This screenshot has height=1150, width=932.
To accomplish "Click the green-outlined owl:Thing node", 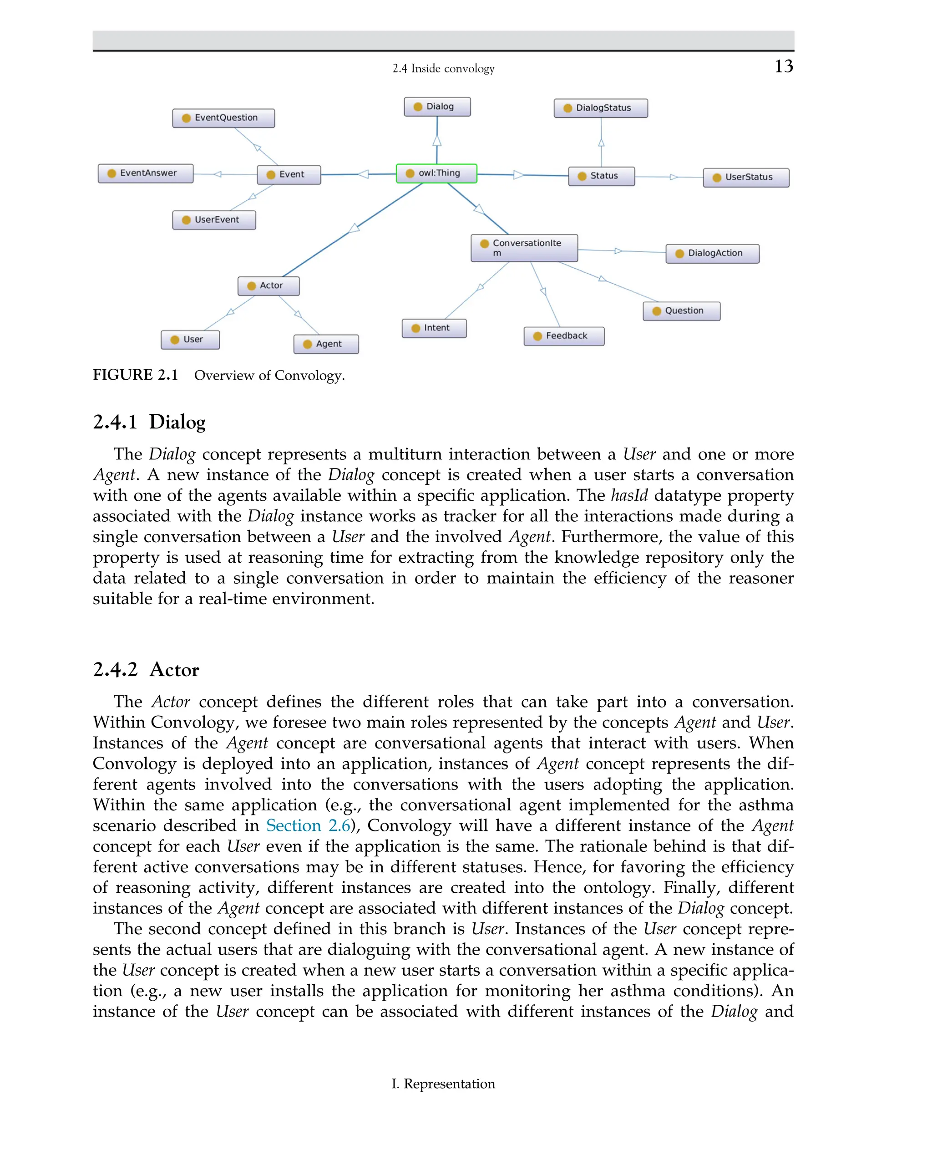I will (436, 173).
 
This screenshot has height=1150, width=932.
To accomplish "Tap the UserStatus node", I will (746, 177).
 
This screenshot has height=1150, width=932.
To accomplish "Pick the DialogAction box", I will (712, 254).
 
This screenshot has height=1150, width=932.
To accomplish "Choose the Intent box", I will (434, 328).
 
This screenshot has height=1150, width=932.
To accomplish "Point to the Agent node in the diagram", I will (326, 344).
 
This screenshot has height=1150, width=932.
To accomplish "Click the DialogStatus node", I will (600, 108).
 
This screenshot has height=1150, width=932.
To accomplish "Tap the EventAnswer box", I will (146, 173).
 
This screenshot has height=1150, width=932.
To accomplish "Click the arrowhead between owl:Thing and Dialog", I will (437, 141).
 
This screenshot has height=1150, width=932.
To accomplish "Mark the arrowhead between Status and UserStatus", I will (673, 177).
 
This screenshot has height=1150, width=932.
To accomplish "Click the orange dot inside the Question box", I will (656, 311).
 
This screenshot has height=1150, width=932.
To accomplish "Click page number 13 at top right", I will (783, 66).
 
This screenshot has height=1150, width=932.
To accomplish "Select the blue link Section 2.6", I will (308, 825).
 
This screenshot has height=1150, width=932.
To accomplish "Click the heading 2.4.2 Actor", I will (146, 670).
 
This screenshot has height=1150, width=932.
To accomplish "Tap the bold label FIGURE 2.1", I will (135, 375).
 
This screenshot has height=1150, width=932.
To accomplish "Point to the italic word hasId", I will (629, 495).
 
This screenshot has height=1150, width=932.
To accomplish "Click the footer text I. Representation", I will (443, 1084).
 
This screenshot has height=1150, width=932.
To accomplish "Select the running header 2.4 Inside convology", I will (443, 69).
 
